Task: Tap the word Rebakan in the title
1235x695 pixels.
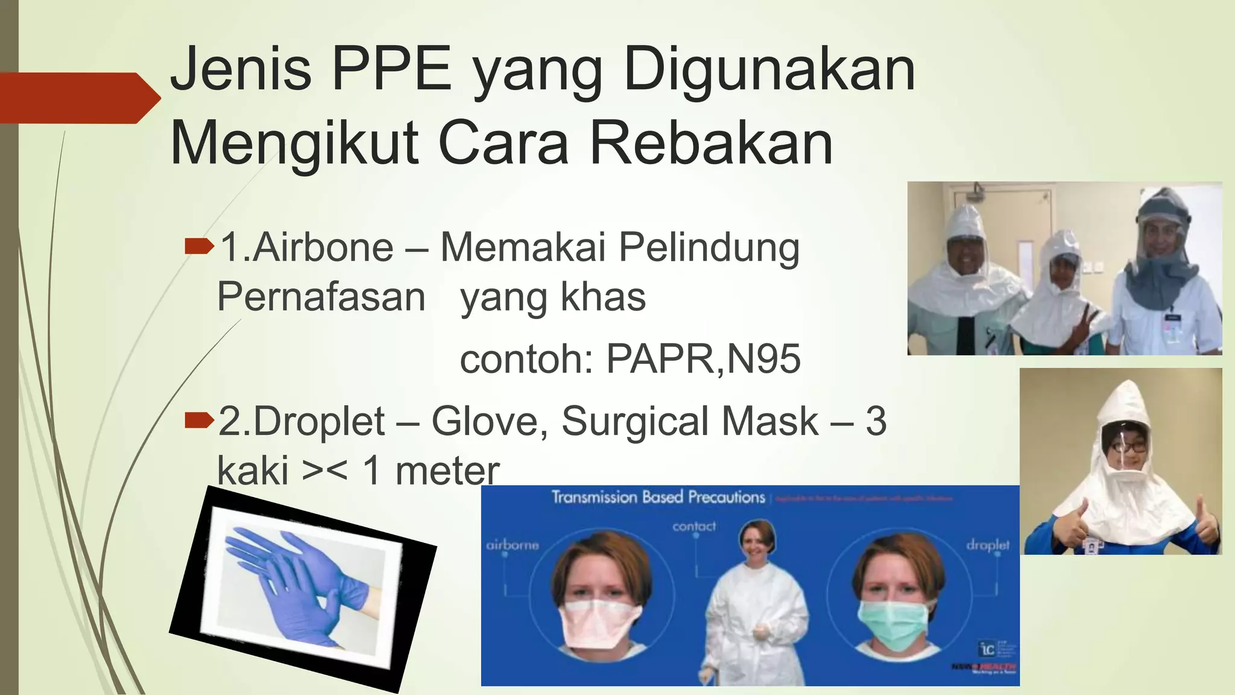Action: (712, 144)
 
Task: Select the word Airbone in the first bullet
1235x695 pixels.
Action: (323, 247)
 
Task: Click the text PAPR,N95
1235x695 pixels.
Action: (703, 359)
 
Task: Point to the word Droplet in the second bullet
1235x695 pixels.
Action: (319, 421)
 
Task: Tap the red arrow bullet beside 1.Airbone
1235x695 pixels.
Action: (199, 246)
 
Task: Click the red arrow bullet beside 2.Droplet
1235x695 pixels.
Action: (199, 419)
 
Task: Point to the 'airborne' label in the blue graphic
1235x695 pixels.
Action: (513, 545)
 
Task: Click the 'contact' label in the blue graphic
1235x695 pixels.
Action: (694, 527)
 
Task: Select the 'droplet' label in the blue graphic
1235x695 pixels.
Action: (987, 545)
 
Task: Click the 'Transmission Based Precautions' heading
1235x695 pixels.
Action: (658, 497)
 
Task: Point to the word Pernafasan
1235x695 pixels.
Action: (321, 297)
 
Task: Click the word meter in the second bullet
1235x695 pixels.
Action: (447, 471)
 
